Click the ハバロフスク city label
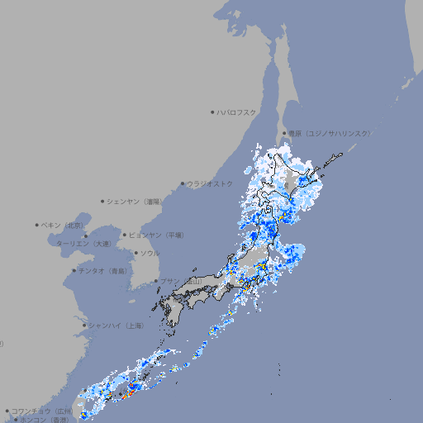pos(237,112)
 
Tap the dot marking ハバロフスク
pos(212,112)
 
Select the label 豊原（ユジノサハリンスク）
pos(329,133)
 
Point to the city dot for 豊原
pos(284,133)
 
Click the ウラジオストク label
pos(210,183)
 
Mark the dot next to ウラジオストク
pos(183,184)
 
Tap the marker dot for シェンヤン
pos(103,201)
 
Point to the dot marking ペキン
pos(37,225)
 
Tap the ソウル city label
pos(150,253)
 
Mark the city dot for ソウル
pos(135,253)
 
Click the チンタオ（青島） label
pos(103,270)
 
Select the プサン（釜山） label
pos(181,281)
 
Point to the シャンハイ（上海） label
pos(116,326)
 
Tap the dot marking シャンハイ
pos(84,326)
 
